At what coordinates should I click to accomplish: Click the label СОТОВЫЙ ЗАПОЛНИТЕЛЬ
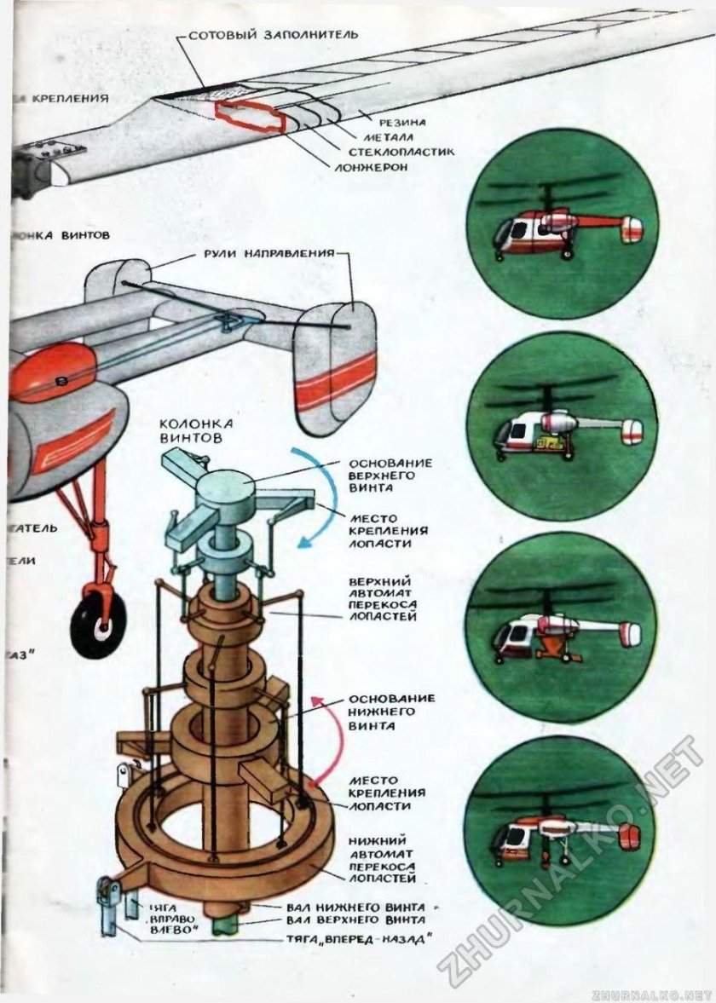[x=273, y=36]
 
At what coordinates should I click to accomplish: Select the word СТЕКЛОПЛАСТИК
[x=401, y=152]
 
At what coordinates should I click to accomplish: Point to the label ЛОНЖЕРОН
[x=371, y=167]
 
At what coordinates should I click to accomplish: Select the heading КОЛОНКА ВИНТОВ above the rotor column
[x=185, y=430]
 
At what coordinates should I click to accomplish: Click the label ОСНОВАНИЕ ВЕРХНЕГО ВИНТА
[x=390, y=476]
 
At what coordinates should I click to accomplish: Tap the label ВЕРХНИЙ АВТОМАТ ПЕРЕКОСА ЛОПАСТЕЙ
[x=383, y=598]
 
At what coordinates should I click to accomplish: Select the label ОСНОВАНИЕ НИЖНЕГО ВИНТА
[x=391, y=712]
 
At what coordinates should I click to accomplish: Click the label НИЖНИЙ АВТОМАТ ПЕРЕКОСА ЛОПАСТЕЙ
[x=383, y=858]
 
